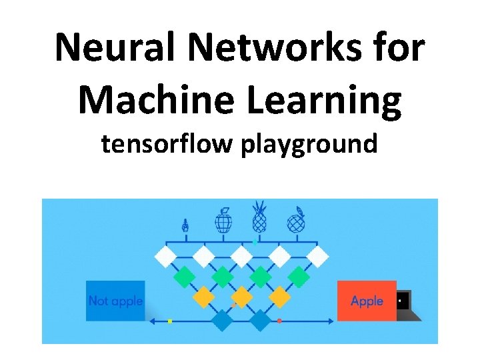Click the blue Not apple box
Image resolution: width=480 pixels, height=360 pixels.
click(115, 301)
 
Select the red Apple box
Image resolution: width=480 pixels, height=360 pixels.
click(367, 301)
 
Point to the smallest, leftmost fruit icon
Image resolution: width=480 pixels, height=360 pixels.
click(185, 225)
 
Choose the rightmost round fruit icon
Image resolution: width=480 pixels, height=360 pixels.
click(295, 221)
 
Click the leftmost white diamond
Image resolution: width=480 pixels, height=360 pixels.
click(165, 255)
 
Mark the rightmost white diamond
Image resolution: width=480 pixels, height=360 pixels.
click(318, 255)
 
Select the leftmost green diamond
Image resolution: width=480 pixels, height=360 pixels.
click(184, 275)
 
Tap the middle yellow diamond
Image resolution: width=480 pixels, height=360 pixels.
click(241, 296)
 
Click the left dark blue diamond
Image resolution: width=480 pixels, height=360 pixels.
click(222, 321)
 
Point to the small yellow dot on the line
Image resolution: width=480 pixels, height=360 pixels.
click(170, 321)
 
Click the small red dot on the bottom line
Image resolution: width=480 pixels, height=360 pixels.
click(279, 321)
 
